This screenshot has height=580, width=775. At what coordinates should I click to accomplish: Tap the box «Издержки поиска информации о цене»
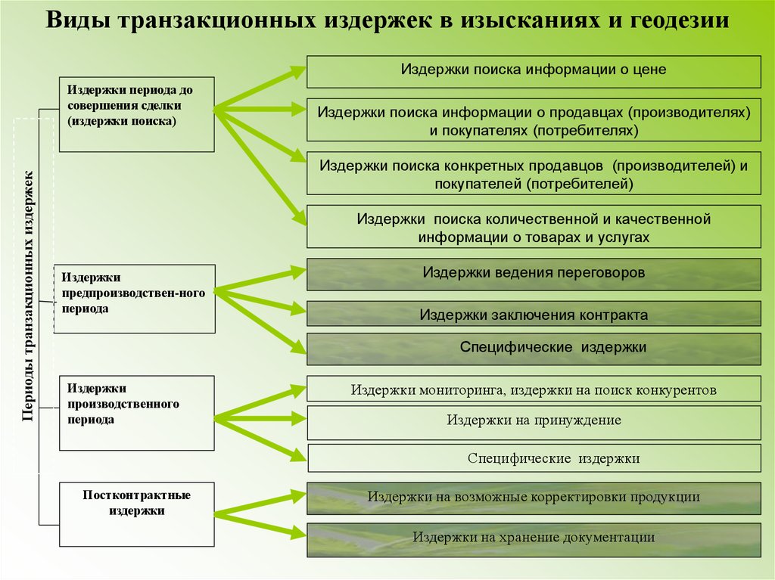click(x=534, y=71)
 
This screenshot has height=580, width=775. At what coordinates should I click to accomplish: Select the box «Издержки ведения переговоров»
click(x=534, y=274)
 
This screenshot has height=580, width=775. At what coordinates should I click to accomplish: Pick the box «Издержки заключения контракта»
click(x=534, y=314)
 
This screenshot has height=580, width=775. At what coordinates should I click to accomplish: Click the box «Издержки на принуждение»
click(x=534, y=420)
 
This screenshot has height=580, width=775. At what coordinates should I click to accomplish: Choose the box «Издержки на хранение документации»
click(x=534, y=538)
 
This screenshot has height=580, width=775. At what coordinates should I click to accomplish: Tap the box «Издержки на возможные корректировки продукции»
click(x=534, y=498)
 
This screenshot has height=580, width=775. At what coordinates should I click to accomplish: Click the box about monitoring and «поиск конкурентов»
click(x=534, y=389)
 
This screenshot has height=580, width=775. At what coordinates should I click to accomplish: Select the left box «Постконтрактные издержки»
click(x=136, y=514)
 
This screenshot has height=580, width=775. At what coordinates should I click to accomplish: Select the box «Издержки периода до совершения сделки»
click(x=136, y=113)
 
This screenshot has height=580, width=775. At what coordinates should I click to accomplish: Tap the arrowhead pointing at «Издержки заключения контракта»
click(x=297, y=309)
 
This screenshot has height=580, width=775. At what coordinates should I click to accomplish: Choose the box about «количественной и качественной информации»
click(x=534, y=227)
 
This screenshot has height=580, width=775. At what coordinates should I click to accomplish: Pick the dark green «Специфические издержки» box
click(x=534, y=349)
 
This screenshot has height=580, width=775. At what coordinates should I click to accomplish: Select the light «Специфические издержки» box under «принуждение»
click(x=534, y=458)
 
